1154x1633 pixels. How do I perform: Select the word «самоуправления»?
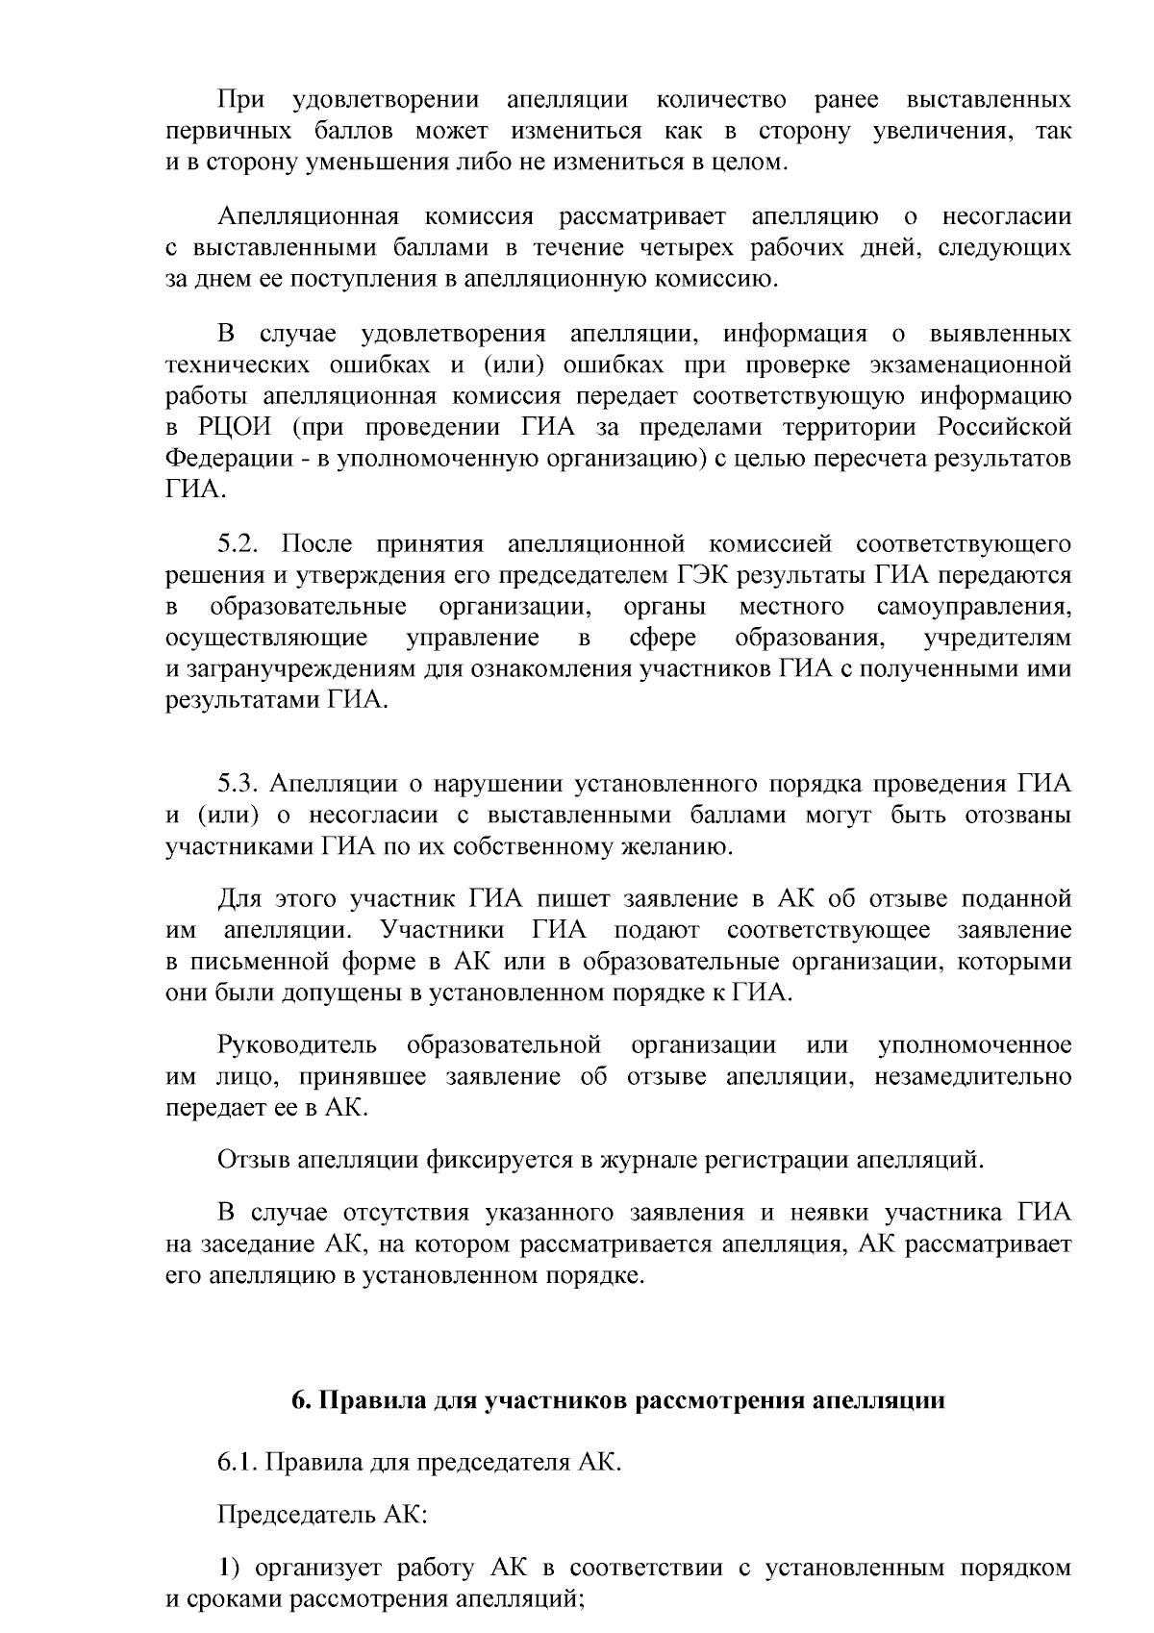point(974,607)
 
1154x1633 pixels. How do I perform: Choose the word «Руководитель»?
point(297,1045)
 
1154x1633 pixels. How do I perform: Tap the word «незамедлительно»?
point(973,1076)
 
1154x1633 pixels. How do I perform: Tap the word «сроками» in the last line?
point(234,1599)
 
